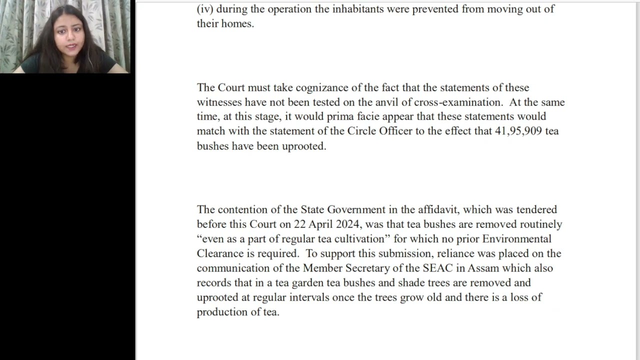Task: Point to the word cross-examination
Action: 458,102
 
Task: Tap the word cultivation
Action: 361,238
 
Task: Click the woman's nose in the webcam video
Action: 69,39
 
